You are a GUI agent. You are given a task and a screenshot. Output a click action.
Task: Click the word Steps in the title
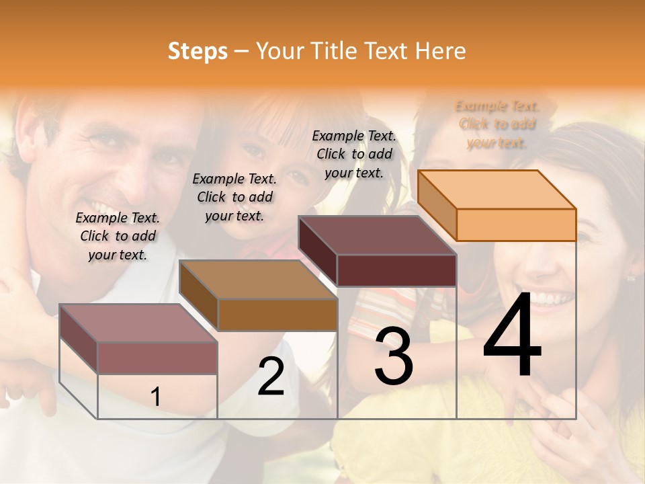(198, 51)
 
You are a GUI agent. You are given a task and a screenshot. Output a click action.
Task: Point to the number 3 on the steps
(394, 356)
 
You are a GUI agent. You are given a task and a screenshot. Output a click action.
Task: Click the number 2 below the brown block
(271, 376)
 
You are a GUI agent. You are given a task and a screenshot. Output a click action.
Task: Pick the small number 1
(155, 397)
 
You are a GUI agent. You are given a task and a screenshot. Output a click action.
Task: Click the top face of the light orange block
(497, 190)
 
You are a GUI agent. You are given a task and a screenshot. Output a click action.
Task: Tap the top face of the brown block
(258, 280)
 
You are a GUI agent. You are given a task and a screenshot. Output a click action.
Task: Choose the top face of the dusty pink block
(138, 323)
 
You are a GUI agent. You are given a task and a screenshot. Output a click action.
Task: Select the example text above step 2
(234, 197)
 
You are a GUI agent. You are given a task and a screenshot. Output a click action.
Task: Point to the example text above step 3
(354, 154)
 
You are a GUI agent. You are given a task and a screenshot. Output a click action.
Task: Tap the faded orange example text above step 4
(497, 124)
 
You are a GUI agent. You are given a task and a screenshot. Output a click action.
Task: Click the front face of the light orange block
(516, 225)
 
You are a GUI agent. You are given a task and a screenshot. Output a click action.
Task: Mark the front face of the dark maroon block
(396, 270)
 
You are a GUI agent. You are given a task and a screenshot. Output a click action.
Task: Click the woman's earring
(631, 277)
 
